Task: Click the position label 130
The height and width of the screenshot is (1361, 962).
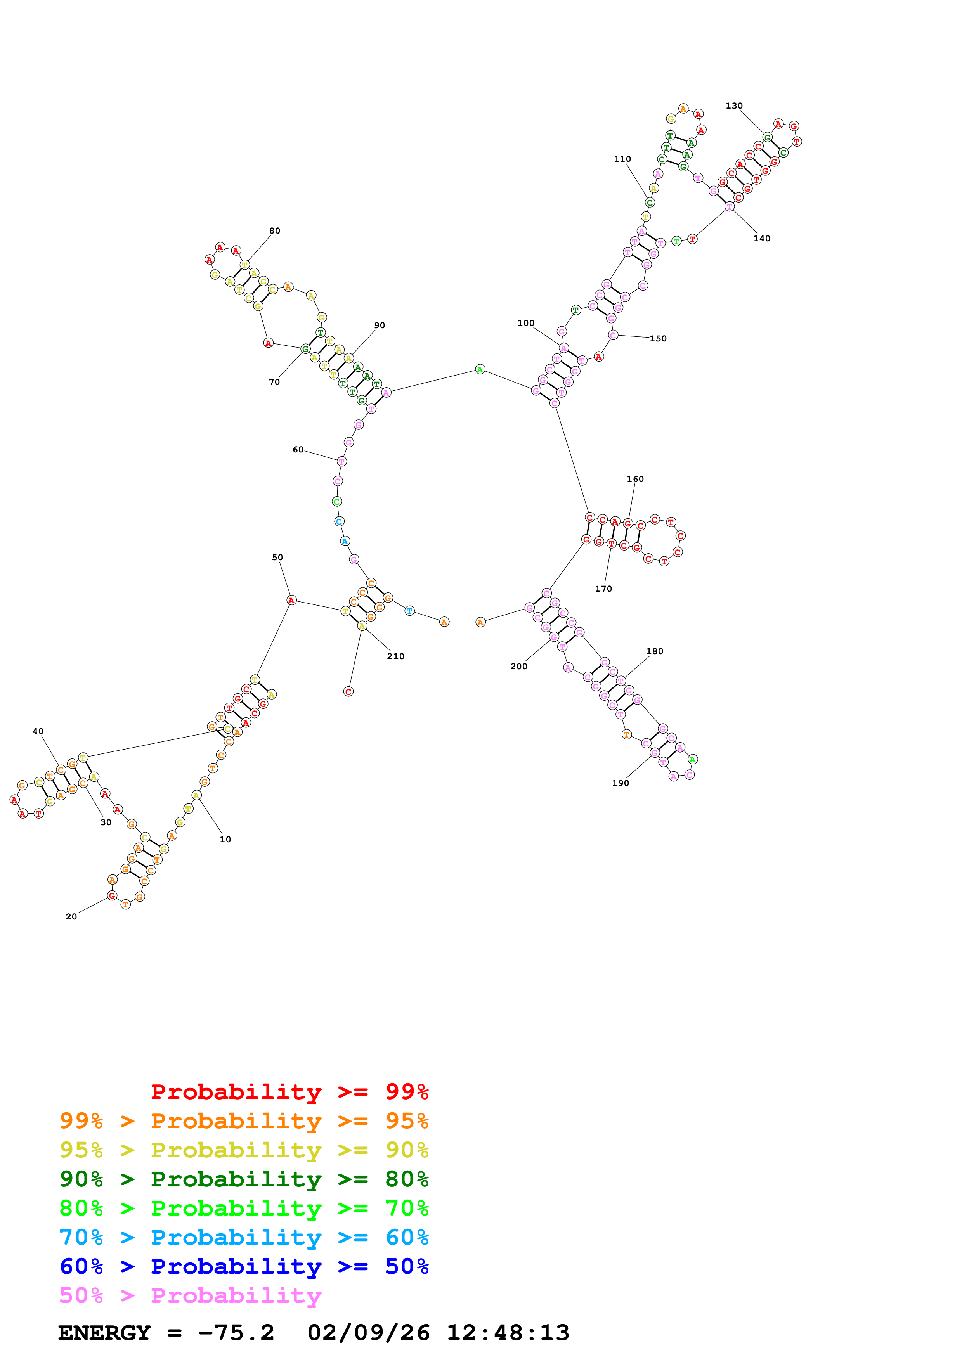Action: pyautogui.click(x=734, y=106)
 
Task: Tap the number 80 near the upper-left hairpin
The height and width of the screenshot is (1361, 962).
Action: pyautogui.click(x=274, y=231)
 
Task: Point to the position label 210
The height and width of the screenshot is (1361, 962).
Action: pyautogui.click(x=395, y=656)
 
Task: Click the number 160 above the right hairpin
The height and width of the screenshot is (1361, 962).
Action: pyautogui.click(x=635, y=479)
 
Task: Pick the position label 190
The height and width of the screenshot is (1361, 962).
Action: pyautogui.click(x=620, y=783)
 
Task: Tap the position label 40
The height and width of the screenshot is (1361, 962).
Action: pyautogui.click(x=38, y=731)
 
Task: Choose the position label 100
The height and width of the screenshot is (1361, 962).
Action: pyautogui.click(x=526, y=323)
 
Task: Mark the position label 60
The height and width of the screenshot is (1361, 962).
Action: pyautogui.click(x=298, y=450)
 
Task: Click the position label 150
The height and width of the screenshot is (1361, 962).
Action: pyautogui.click(x=658, y=338)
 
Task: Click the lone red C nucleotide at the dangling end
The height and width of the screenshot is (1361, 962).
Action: pyautogui.click(x=348, y=692)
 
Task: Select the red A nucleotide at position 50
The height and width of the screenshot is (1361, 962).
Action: pyautogui.click(x=291, y=601)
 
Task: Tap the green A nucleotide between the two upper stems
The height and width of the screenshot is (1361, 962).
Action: pyautogui.click(x=480, y=370)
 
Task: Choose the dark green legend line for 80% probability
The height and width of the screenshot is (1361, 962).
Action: pyautogui.click(x=244, y=1179)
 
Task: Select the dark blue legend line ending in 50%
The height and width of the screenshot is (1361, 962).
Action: pyautogui.click(x=244, y=1266)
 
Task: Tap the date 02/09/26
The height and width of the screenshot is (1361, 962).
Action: pyautogui.click(x=368, y=1333)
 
